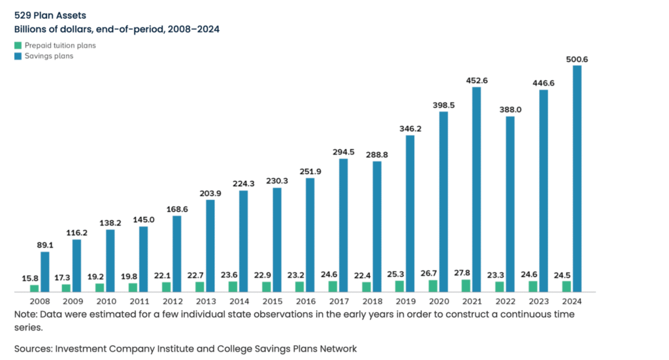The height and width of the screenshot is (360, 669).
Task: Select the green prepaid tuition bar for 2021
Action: tap(466, 286)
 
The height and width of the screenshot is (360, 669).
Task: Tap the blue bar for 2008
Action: tap(45, 271)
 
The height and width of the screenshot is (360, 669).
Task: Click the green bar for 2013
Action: tap(199, 286)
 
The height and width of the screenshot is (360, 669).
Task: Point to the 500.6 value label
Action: tap(577, 59)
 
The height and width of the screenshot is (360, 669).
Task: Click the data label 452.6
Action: tap(476, 82)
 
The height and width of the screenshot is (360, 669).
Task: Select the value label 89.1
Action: tap(45, 246)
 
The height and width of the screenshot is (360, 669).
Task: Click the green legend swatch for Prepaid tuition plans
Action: tap(18, 46)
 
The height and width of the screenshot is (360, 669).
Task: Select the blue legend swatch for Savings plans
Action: tap(18, 56)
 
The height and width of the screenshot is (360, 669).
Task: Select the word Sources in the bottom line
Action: tap(33, 348)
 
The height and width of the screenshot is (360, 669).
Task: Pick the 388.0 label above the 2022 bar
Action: tap(510, 110)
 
